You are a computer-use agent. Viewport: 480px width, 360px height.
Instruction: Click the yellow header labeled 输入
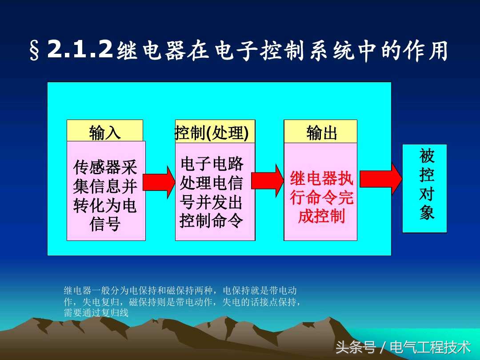pos(105,131)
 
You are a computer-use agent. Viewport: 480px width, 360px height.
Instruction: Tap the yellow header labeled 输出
pos(320,132)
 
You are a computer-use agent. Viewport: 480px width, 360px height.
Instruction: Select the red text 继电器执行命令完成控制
pos(321,197)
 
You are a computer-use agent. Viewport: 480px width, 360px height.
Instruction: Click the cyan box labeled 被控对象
pos(424,188)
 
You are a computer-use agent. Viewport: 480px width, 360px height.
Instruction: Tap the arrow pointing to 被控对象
pos(380,179)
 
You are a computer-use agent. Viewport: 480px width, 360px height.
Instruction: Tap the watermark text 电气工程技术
pos(430,347)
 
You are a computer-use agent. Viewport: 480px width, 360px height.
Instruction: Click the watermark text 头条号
pos(356,347)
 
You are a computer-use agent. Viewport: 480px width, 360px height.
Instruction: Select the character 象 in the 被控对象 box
pos(427,213)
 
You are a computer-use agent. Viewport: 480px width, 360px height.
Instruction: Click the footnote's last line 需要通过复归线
pos(96,313)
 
